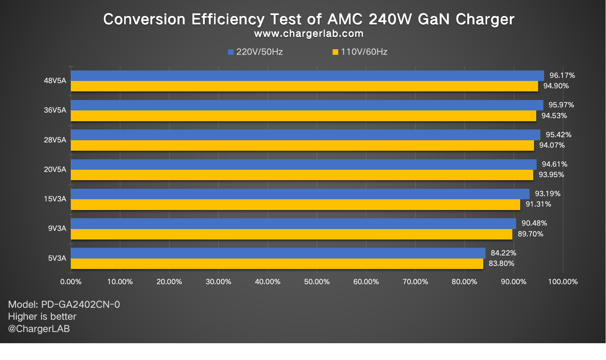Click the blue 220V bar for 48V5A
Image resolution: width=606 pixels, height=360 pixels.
(x=307, y=76)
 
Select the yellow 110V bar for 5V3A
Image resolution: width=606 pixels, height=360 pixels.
(x=277, y=264)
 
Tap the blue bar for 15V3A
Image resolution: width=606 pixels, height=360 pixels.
(x=300, y=194)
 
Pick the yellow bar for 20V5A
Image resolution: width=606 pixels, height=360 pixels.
(x=302, y=175)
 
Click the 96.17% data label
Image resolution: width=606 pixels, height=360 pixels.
(x=562, y=75)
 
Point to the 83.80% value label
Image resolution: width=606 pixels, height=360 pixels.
(x=501, y=263)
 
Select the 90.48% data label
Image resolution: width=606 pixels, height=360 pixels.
(x=534, y=223)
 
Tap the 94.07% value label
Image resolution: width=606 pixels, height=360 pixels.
(x=552, y=145)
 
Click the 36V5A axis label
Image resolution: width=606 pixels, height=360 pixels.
(x=55, y=110)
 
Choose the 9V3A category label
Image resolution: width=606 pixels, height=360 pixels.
(x=57, y=228)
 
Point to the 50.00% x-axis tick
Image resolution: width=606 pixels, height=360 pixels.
(x=317, y=282)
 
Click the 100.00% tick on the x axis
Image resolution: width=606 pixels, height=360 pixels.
(x=562, y=282)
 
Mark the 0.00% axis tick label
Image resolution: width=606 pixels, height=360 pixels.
(x=71, y=282)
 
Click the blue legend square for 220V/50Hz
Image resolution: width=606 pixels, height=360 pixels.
(x=231, y=52)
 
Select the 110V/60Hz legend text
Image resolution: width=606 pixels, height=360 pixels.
(x=364, y=52)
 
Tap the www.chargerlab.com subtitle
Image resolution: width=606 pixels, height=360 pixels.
(x=308, y=34)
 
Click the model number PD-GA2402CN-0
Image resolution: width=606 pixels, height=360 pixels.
(x=80, y=304)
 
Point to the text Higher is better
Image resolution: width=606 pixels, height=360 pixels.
(x=42, y=316)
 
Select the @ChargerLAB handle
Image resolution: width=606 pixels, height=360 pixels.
(x=39, y=329)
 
